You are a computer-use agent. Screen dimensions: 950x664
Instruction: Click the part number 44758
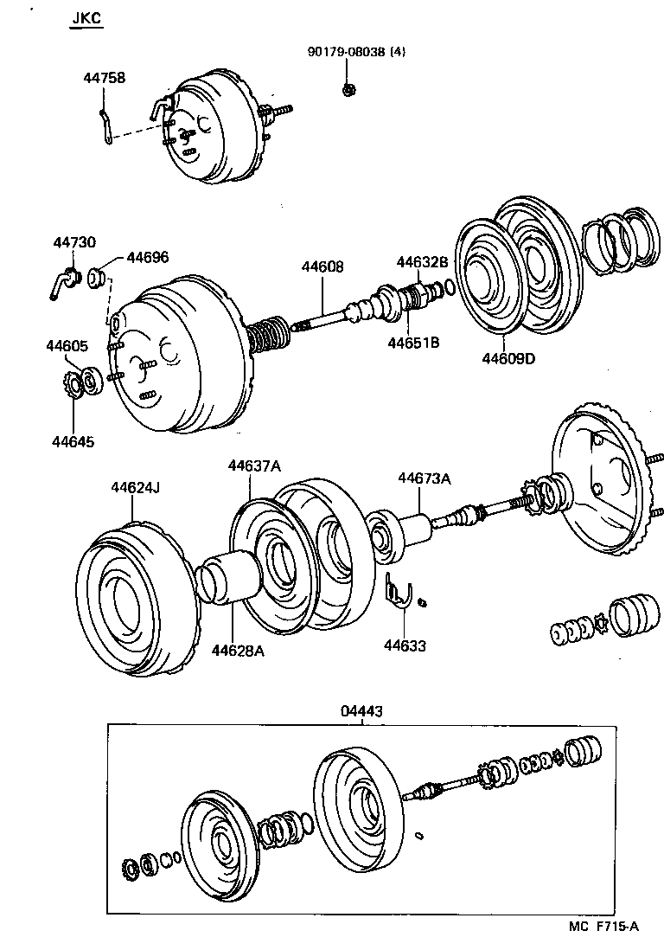pos(104,78)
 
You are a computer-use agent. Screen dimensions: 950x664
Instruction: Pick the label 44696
pos(148,257)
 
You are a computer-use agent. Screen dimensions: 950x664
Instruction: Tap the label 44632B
pos(423,262)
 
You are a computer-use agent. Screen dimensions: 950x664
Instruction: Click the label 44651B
pos(413,343)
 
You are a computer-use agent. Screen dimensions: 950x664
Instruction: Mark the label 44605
pos(67,346)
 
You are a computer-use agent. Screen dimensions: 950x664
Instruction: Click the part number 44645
pos(73,441)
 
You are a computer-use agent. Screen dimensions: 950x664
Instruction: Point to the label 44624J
pos(136,488)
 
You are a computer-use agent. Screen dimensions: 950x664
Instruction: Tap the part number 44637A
pos(254,465)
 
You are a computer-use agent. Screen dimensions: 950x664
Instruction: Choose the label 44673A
pos(424,478)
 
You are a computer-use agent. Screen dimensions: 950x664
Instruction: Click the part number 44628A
pos(237,651)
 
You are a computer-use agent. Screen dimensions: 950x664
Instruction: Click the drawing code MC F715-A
pos(603,926)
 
